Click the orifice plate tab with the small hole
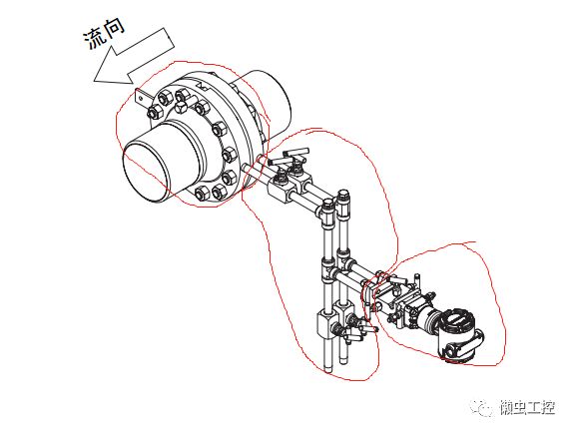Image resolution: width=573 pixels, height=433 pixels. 142,98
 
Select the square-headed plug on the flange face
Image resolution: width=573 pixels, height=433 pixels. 182,108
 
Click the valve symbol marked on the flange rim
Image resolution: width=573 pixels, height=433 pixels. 202,87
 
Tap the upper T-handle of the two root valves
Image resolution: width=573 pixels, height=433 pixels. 296,152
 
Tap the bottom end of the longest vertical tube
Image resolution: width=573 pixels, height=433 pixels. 328,369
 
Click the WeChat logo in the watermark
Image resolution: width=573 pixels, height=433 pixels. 482,406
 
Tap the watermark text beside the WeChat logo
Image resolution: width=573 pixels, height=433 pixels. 528,407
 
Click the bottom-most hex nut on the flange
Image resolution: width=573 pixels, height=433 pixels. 202,194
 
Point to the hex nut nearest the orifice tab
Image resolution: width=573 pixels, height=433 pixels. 154,112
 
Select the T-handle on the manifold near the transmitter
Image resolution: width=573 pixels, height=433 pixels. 396,280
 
